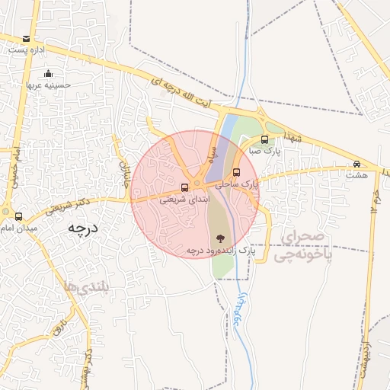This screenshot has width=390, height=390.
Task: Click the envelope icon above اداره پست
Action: [27, 38]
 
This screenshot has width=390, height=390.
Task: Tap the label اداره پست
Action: [27, 50]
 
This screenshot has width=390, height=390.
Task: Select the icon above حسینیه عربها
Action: [48, 73]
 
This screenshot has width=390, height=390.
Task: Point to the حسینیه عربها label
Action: [49, 85]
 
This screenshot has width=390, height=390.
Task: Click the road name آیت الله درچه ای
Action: [190, 95]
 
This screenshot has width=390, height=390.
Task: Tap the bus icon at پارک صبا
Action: [264, 139]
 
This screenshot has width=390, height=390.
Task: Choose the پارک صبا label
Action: [267, 152]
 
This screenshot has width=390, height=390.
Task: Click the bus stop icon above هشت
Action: [356, 164]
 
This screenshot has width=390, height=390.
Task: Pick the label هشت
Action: [356, 175]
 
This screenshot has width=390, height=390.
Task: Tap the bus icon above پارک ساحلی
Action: [236, 172]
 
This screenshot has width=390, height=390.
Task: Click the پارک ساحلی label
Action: [236, 184]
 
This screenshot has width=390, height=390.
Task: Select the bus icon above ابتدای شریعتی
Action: [184, 188]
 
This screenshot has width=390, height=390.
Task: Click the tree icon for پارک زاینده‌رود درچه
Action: [221, 238]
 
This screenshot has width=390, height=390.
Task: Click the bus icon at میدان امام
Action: [18, 216]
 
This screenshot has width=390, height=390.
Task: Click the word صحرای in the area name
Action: [302, 238]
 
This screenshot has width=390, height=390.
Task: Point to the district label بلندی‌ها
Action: [88, 287]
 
